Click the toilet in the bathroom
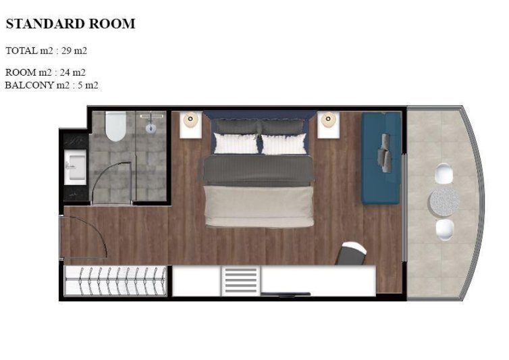[x=115, y=126]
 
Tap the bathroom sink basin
[x=76, y=167]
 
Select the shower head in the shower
[x=151, y=128]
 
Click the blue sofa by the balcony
[x=381, y=158]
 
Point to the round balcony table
[x=444, y=202]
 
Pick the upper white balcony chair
[x=444, y=174]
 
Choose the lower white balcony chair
[x=444, y=230]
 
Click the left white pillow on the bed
[x=236, y=144]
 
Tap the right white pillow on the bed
[x=284, y=145]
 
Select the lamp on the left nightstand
[x=190, y=120]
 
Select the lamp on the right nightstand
[x=328, y=120]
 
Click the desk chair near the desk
[x=352, y=253]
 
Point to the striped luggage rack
[x=240, y=281]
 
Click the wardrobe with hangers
[x=115, y=281]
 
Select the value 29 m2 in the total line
[x=74, y=51]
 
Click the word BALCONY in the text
[x=29, y=85]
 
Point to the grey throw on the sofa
[x=384, y=153]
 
